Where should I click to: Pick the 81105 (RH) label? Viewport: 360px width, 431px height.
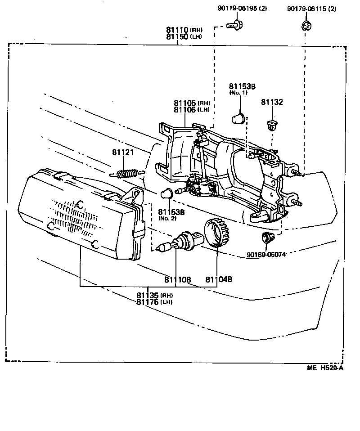tap(192, 103)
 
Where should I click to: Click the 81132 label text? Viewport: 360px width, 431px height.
tap(272, 103)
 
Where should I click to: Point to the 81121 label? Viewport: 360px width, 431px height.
tap(123, 153)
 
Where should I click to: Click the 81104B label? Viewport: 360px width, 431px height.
tap(219, 279)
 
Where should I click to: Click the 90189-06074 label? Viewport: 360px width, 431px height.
tap(266, 255)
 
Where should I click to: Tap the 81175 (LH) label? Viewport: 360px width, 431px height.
tap(154, 302)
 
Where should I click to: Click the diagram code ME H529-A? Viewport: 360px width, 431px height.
tap(325, 368)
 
